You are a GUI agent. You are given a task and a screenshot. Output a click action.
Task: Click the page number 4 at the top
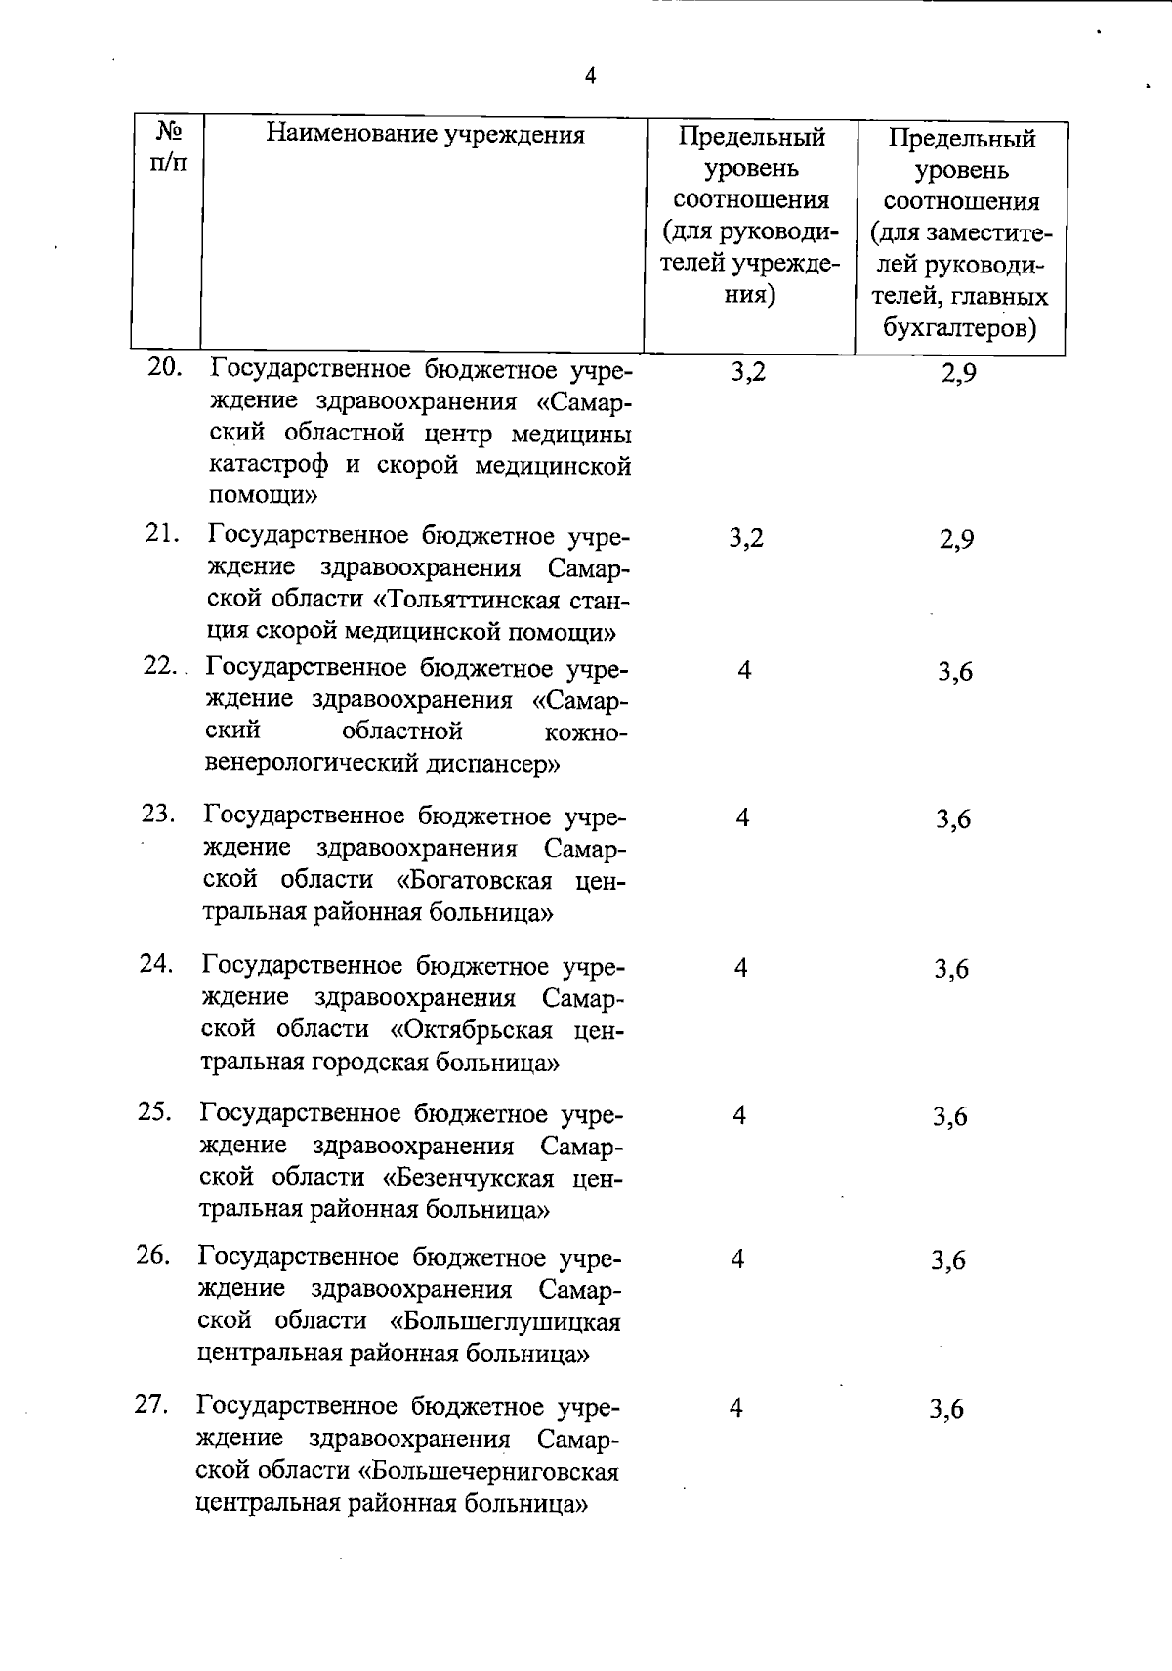[589, 76]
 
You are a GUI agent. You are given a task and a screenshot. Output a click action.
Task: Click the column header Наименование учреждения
[426, 134]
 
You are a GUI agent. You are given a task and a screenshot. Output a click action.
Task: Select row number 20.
[165, 367]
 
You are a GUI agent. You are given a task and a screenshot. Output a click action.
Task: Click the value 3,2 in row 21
[746, 537]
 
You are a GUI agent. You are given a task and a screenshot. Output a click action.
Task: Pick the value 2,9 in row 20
[958, 373]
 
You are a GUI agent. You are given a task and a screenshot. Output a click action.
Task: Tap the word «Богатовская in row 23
[475, 880]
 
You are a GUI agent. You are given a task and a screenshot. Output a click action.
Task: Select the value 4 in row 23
[742, 817]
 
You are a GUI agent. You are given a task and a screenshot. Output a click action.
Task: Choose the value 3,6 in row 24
[951, 969]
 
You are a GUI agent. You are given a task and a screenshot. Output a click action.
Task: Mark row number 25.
[155, 1111]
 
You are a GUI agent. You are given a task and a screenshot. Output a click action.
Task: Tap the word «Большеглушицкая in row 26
[505, 1321]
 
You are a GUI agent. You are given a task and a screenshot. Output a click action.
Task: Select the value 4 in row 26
[737, 1259]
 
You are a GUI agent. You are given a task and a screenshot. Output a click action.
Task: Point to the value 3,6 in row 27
[946, 1408]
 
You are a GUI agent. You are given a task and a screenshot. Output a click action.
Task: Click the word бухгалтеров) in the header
[959, 328]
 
